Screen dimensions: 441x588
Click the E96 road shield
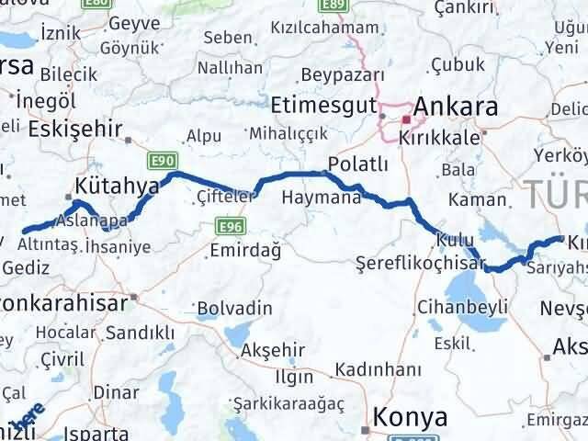pyautogui.click(x=230, y=224)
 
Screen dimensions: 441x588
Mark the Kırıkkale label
pyautogui.click(x=439, y=136)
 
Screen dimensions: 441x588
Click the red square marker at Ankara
pyautogui.click(x=406, y=119)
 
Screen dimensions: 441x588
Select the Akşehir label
pyautogui.click(x=271, y=350)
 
